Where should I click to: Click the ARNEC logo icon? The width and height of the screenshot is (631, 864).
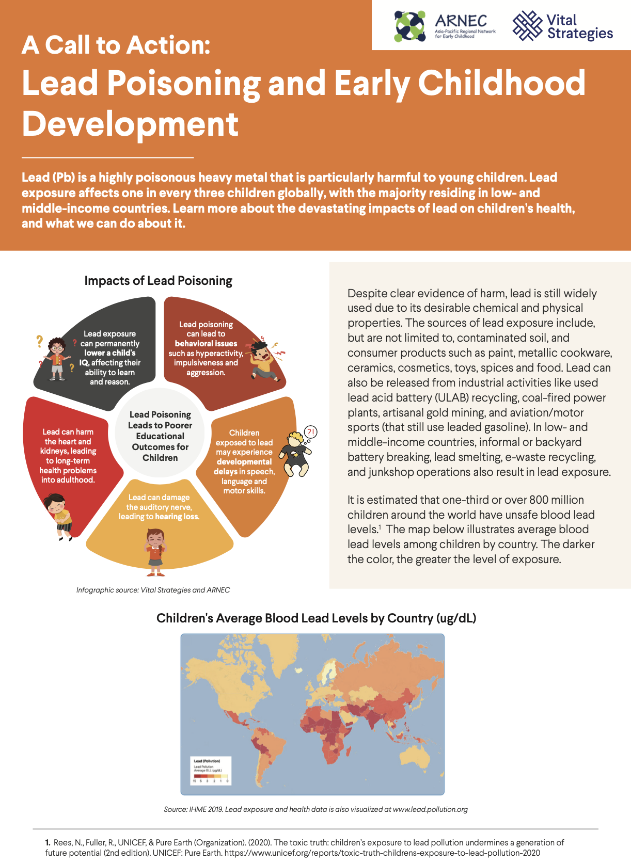click(x=410, y=26)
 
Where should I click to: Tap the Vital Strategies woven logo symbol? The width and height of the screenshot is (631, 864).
click(x=527, y=26)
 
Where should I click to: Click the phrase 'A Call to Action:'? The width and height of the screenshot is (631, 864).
click(x=116, y=45)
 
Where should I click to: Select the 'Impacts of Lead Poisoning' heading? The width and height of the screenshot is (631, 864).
click(x=158, y=281)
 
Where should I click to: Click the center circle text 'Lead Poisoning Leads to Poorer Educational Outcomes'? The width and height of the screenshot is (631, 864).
click(x=160, y=436)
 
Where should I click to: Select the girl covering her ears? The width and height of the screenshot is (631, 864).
click(x=155, y=552)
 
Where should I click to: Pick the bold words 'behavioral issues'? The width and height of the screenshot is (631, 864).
click(x=206, y=344)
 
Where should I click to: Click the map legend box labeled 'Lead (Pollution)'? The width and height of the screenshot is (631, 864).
click(x=211, y=771)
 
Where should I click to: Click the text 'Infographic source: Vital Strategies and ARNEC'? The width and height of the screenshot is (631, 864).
click(x=153, y=590)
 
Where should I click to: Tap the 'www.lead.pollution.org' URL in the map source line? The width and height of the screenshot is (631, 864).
click(x=430, y=809)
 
